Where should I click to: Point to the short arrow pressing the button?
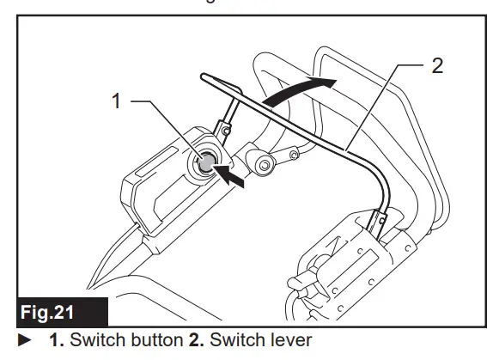[x=234, y=177]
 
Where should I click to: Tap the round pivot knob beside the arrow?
[x=259, y=161]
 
